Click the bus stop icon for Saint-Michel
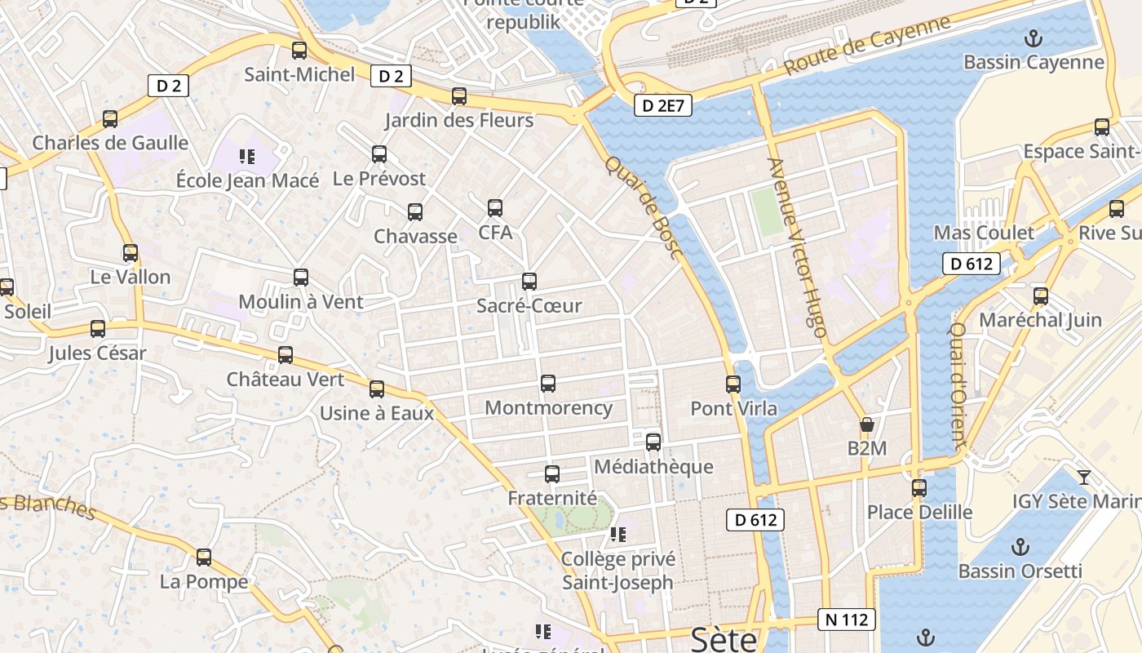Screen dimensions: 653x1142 pos(299,51)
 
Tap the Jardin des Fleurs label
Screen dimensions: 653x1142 pos(459,121)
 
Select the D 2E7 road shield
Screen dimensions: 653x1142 pos(663,105)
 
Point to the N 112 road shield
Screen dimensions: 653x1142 pos(848,620)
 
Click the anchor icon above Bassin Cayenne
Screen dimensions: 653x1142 pos(1034,38)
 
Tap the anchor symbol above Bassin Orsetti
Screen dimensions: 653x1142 pos(1020,546)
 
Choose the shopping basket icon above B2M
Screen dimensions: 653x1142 pos(866,424)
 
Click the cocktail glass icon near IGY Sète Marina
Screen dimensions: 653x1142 pos(1083,477)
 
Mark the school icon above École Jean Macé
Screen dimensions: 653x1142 pos(247,156)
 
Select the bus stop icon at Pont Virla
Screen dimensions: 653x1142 pos(733,384)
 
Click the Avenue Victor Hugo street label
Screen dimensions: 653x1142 pos(798,248)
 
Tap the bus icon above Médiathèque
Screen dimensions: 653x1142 pos(653,442)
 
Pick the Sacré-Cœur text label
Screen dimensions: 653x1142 pos(529,306)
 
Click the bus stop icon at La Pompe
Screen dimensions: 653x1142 pos(204,557)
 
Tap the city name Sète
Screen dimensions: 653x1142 pos(724,639)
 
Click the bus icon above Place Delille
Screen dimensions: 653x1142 pos(919,488)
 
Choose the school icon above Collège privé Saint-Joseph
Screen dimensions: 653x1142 pos(617,535)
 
